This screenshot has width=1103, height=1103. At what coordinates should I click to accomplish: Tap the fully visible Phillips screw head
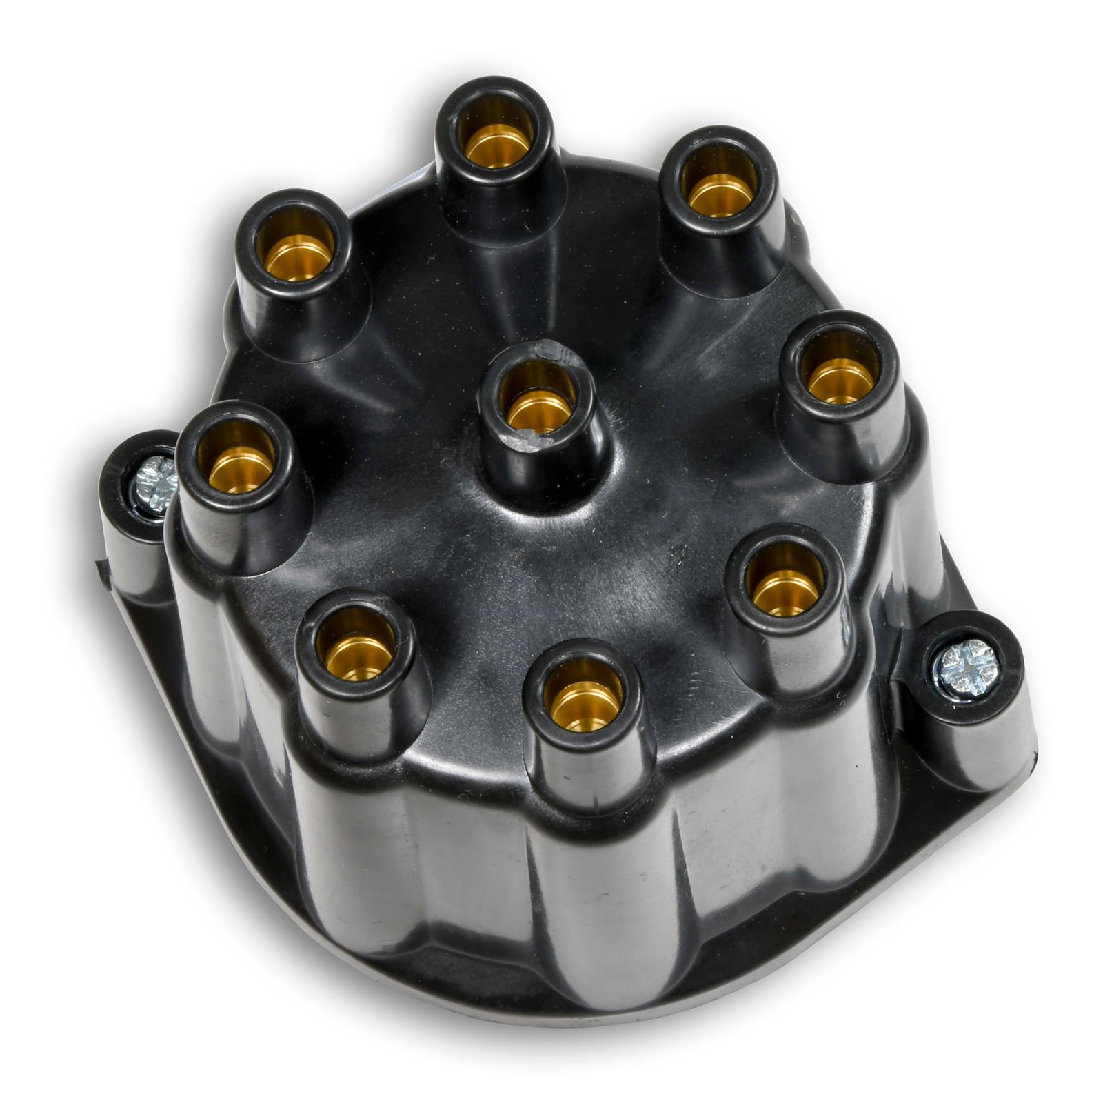tap(966, 668)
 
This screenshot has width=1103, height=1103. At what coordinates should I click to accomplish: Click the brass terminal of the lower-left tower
tap(358, 656)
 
